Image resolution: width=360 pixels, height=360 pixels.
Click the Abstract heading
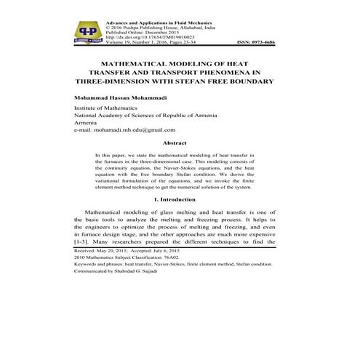[x=180, y=143]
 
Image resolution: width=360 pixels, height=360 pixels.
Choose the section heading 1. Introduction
[x=180, y=199]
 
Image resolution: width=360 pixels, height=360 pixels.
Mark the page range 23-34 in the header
[x=183, y=44]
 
